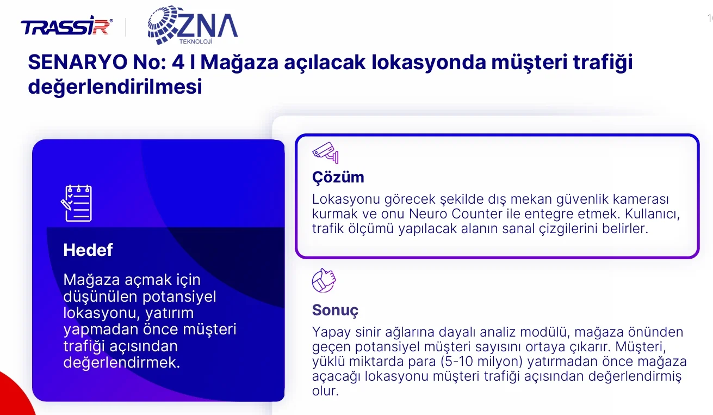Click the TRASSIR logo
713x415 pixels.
point(66,26)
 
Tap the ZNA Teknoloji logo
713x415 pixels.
point(193,25)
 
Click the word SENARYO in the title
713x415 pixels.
point(78,62)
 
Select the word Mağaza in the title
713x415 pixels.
point(239,63)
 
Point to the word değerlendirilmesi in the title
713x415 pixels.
point(115,87)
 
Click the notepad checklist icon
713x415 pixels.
point(76,203)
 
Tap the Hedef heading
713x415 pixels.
point(88,250)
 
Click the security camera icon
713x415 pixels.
point(325,153)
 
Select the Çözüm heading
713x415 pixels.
point(338,177)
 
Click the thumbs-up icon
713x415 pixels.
point(324,280)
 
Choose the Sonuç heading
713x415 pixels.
point(335,310)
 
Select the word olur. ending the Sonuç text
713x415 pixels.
point(325,391)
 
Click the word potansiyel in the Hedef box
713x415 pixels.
point(179,297)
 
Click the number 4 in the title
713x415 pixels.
point(178,62)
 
